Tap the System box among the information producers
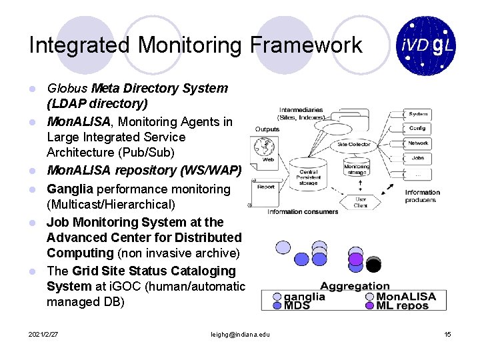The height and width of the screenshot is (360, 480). pos(418,114)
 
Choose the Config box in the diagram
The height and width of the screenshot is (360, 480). pos(418,129)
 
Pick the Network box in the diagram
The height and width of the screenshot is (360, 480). pos(418,143)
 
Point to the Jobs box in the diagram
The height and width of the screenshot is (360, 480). pos(418,158)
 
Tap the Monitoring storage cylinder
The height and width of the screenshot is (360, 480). pos(357,169)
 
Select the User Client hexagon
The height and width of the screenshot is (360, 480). pos(361,201)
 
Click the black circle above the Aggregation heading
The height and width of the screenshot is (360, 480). pos(373,265)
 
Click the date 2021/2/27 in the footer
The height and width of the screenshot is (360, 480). pos(43,333)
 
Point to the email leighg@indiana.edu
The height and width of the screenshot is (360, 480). pos(240,333)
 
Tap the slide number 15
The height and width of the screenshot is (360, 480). pos(448,333)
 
